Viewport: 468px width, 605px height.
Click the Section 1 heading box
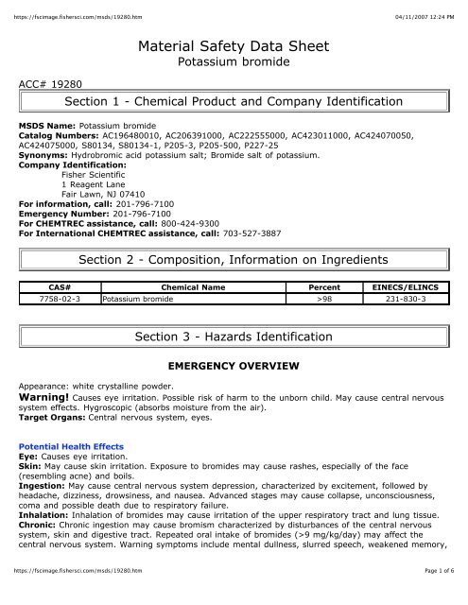[234, 102]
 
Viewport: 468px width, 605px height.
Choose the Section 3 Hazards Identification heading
[234, 337]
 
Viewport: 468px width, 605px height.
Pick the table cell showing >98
[324, 298]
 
